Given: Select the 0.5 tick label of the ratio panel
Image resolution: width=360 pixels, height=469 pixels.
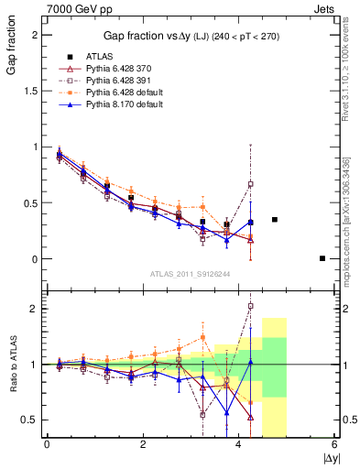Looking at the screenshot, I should point(31,420).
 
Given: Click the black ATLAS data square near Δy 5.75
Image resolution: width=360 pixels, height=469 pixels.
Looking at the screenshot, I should point(322,258).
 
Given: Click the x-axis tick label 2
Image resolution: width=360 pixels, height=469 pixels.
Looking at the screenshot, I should point(143,444).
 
